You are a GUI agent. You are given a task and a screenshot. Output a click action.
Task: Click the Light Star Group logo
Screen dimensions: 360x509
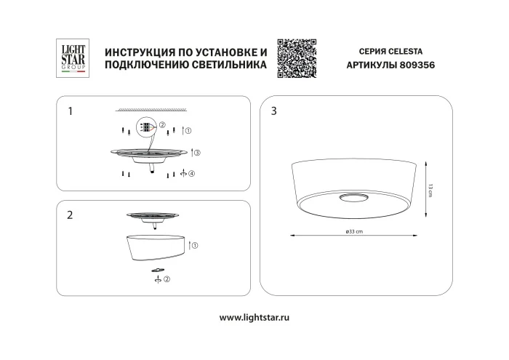point(72,57)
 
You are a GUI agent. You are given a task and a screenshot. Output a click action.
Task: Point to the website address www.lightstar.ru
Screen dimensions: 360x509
point(254,317)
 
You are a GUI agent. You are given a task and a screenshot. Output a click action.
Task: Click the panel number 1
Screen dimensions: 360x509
point(70,111)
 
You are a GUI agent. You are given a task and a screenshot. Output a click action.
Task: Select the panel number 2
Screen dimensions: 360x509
point(70,215)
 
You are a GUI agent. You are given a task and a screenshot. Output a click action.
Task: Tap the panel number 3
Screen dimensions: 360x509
point(273,111)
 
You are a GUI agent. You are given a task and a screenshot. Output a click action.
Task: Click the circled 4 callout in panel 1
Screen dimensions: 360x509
point(191,175)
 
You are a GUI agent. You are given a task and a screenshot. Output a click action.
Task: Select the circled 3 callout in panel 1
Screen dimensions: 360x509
point(196,153)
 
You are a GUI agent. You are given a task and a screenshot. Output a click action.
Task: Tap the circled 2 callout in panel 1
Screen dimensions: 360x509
point(163,124)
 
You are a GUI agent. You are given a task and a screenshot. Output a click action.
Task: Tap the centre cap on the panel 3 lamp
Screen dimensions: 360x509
point(353,197)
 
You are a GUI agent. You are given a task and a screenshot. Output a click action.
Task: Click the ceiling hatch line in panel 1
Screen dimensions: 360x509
point(150,109)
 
